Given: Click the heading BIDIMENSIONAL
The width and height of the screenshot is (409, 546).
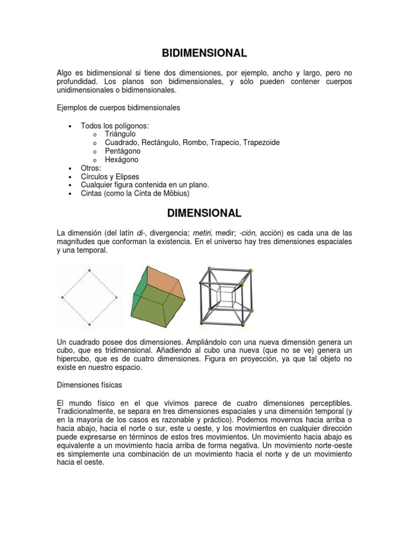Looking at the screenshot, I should [204, 53].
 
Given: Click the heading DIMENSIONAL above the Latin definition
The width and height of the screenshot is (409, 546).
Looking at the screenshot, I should [204, 213].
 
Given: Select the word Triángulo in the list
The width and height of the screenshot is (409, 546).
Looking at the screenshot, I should [120, 134].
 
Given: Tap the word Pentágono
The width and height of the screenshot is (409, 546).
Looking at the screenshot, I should [122, 151].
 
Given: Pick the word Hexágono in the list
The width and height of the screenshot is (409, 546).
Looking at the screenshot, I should [121, 159].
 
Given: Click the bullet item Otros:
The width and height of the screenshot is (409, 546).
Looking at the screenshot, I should [91, 168].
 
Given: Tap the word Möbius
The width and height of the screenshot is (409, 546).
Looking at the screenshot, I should [174, 194].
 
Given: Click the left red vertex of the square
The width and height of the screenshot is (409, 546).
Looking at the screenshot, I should [63, 296].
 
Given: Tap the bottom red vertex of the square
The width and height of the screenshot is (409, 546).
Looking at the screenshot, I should [89, 324].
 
